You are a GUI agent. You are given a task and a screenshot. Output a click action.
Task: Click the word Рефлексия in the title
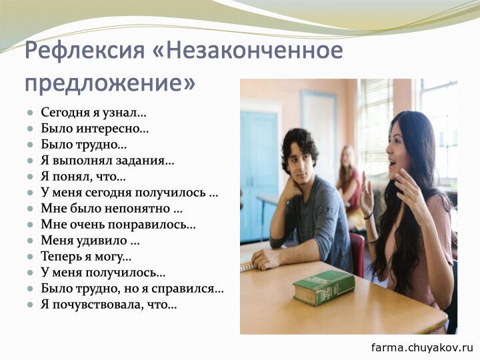(x=85, y=51)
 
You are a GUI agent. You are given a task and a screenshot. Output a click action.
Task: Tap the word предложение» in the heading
(x=110, y=83)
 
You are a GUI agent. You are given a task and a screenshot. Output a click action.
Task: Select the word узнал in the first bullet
(x=124, y=113)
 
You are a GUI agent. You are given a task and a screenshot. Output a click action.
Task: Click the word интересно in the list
(x=112, y=129)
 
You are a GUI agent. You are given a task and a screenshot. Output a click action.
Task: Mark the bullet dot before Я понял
(x=30, y=177)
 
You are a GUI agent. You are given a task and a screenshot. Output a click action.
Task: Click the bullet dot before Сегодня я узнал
(x=30, y=113)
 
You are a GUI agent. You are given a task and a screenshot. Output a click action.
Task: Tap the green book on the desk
(x=324, y=287)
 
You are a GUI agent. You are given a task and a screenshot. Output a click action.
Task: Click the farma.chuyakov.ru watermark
(x=422, y=348)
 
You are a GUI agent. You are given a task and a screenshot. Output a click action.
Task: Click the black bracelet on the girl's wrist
(x=369, y=215)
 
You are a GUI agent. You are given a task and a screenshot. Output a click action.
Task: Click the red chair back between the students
(x=357, y=253)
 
